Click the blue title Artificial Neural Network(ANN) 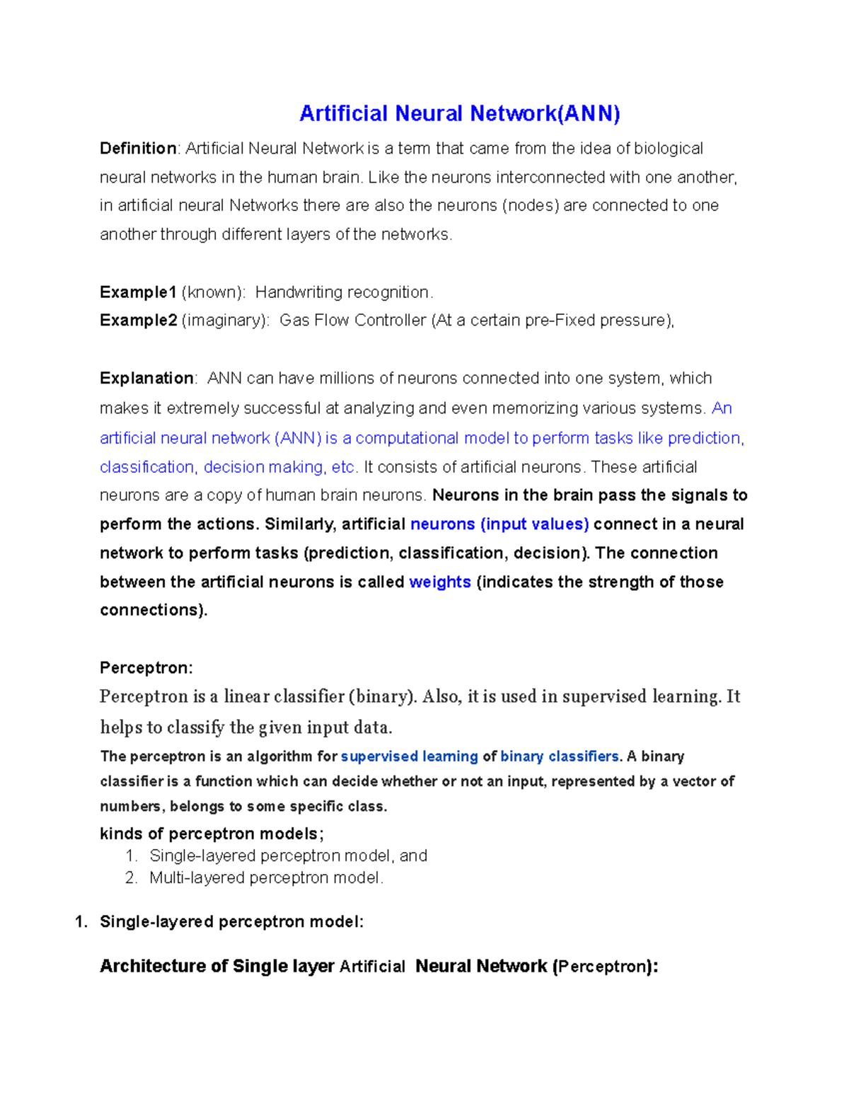pos(459,113)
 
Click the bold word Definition pos(138,149)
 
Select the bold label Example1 pos(138,292)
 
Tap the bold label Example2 pos(138,321)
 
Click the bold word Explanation pos(146,379)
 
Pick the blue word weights pos(440,582)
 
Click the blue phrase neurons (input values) pos(499,524)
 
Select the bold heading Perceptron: pos(146,668)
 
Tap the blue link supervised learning pos(409,756)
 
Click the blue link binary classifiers pos(560,756)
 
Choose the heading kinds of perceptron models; pos(212,834)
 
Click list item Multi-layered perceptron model pos(266,878)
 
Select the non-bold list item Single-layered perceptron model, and pos(288,856)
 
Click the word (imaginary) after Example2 pos(225,321)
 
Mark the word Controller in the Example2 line pos(391,321)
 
